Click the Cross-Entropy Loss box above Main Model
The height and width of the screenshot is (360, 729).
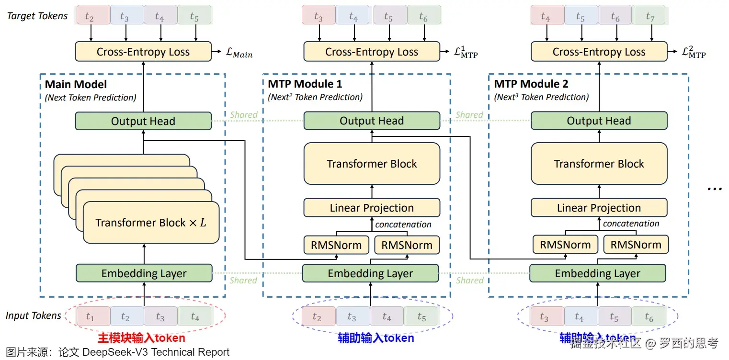click(x=143, y=52)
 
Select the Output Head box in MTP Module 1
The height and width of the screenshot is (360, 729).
click(x=372, y=121)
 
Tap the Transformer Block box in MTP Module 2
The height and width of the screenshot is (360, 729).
click(x=599, y=164)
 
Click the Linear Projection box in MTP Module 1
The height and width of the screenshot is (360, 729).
click(x=372, y=208)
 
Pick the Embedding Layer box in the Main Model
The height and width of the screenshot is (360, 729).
click(x=144, y=273)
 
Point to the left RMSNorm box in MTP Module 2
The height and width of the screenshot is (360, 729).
click(x=565, y=245)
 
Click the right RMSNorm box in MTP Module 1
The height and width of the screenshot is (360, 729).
click(x=406, y=245)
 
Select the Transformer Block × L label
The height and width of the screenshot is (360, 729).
click(x=150, y=223)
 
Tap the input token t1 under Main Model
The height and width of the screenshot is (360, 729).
click(x=90, y=317)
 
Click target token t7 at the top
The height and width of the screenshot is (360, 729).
click(x=649, y=17)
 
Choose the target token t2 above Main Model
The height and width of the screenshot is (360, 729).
click(x=89, y=17)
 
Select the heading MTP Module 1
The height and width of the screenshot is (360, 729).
click(x=305, y=84)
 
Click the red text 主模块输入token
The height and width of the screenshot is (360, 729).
click(x=141, y=338)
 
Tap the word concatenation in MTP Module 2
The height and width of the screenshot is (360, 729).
click(x=631, y=224)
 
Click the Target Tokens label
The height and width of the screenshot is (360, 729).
click(x=37, y=16)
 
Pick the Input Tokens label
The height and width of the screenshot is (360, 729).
click(x=34, y=315)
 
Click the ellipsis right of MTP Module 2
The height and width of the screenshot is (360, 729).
click(x=714, y=188)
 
